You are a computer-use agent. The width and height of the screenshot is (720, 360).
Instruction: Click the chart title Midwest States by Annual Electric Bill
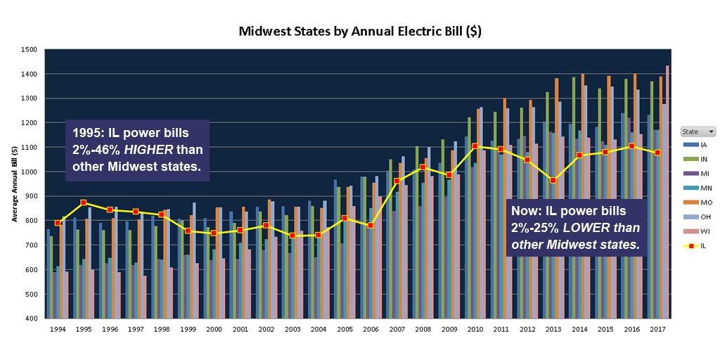(x=360, y=31)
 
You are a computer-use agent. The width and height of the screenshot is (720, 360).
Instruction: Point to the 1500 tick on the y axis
(x=29, y=50)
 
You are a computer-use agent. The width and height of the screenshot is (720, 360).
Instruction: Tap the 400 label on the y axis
(x=30, y=319)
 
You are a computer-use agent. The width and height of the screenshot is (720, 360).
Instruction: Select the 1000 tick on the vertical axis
(x=29, y=172)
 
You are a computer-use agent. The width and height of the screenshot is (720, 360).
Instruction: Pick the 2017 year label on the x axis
(x=657, y=328)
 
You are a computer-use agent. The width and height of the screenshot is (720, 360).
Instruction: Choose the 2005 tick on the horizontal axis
(x=345, y=328)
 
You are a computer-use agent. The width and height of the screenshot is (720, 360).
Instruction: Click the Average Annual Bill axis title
(x=14, y=184)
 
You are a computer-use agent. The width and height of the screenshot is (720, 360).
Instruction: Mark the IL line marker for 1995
(x=84, y=202)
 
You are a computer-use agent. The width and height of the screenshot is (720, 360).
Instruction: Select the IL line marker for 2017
(x=657, y=153)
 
